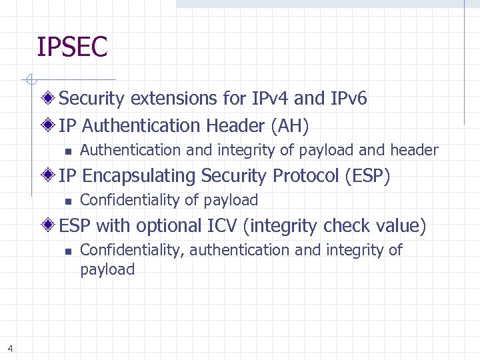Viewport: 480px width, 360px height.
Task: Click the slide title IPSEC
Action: click(x=72, y=48)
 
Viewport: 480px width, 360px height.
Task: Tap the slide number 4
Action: click(x=10, y=347)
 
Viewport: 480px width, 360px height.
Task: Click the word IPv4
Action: click(x=270, y=99)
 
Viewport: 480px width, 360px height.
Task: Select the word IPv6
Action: click(x=348, y=99)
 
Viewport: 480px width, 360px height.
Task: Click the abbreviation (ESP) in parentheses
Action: click(x=367, y=176)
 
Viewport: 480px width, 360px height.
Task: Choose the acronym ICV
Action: click(x=223, y=226)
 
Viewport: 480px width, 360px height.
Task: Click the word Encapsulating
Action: click(x=139, y=176)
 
